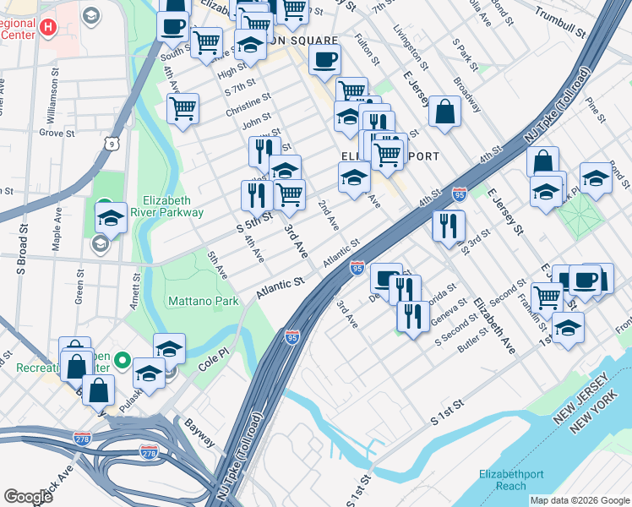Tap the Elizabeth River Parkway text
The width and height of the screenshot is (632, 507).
click(x=165, y=206)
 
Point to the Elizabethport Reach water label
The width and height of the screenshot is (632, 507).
click(x=513, y=480)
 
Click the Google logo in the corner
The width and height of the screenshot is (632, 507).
click(x=29, y=496)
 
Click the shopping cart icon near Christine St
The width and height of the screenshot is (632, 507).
click(x=183, y=107)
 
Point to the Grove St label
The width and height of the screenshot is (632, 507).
click(x=57, y=133)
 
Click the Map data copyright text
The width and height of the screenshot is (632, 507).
click(x=580, y=500)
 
